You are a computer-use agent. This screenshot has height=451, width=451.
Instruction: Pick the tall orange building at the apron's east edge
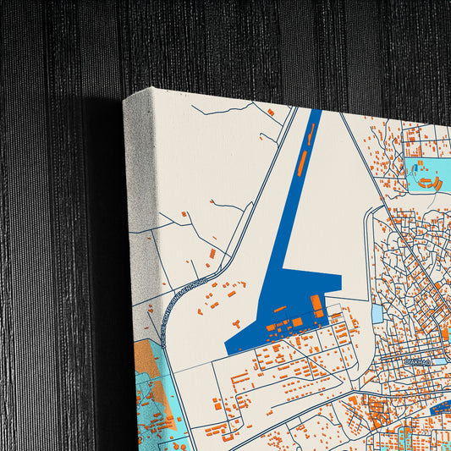tap(316, 303)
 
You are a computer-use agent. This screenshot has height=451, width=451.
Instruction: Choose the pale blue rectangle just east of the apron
tap(377, 313)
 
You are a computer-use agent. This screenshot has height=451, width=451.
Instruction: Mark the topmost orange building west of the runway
tap(271, 111)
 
